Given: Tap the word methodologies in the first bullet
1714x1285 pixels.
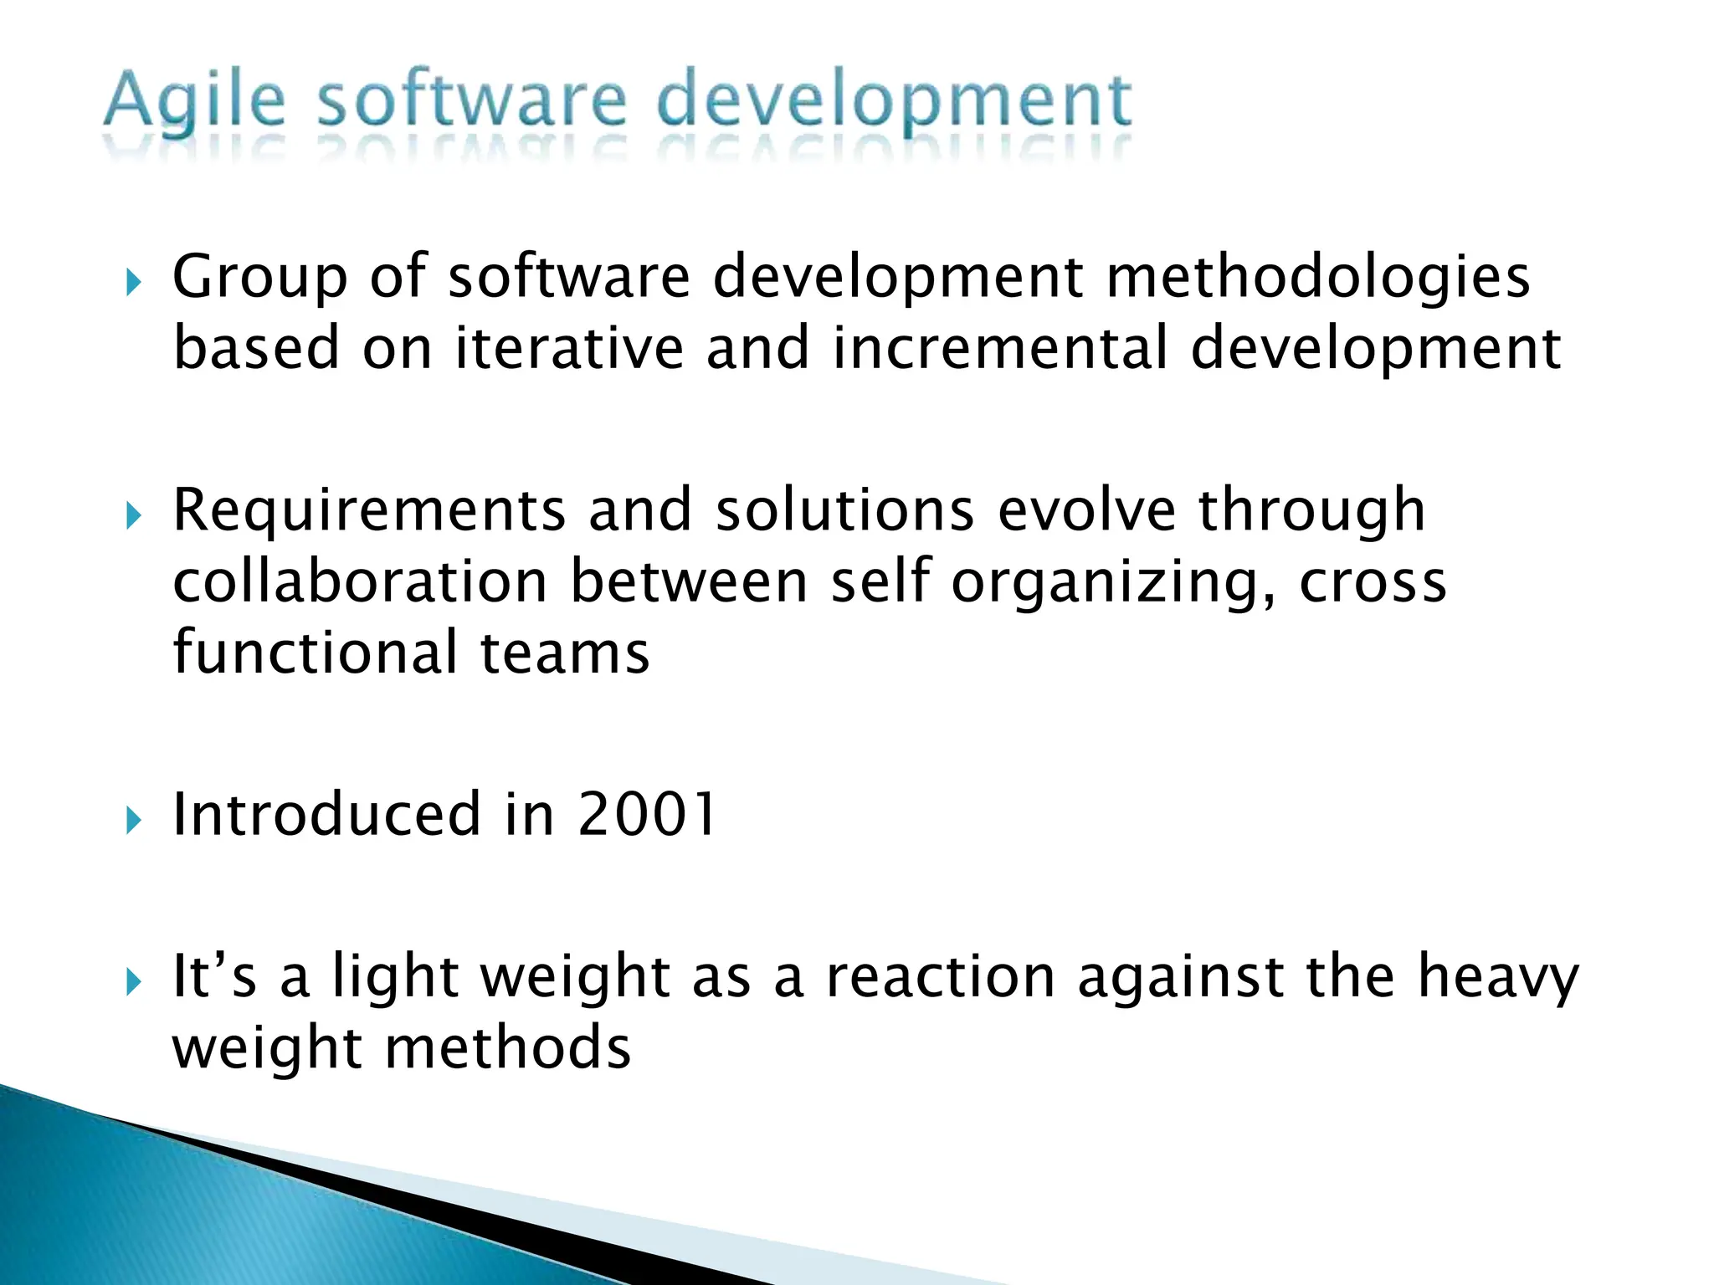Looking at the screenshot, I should (1317, 277).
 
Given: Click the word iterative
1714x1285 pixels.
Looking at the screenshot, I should (569, 348).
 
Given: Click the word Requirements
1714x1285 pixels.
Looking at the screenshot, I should (369, 510).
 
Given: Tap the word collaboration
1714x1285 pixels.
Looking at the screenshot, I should (360, 581).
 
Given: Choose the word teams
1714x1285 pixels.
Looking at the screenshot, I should (565, 653).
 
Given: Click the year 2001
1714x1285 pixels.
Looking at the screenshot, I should (647, 814).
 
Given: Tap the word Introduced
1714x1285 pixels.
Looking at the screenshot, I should (327, 814).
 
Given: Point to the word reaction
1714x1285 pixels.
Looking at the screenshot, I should (941, 976).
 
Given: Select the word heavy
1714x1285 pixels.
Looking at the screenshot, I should (1497, 978).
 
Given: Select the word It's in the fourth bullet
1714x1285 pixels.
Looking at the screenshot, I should (214, 976).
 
